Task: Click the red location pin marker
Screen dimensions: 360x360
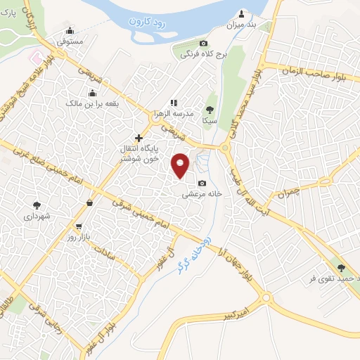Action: (181, 165)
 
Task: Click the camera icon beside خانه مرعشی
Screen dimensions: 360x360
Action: (202, 183)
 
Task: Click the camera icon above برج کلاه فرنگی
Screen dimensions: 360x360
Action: (204, 44)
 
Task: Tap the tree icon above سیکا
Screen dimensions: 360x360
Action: (210, 110)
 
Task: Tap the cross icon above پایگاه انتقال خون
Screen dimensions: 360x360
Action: (139, 138)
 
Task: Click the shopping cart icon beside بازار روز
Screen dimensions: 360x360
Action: (79, 227)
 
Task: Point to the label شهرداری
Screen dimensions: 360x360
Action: (37, 216)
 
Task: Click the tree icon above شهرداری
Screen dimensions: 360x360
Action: (37, 205)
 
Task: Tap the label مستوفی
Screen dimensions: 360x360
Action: (70, 41)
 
